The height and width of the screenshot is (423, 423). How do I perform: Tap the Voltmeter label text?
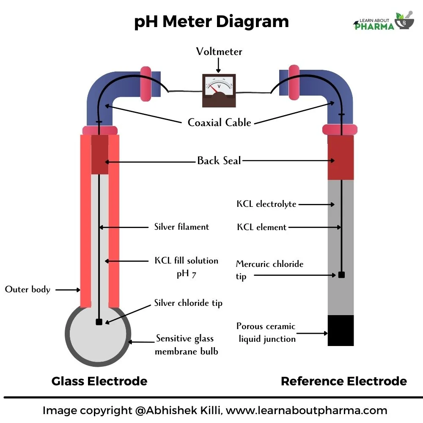pos(219,52)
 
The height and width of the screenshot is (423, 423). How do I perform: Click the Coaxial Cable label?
pos(220,123)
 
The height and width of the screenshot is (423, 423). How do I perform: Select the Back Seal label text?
pos(219,161)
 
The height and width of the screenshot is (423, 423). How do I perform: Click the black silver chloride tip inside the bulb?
pos(99,322)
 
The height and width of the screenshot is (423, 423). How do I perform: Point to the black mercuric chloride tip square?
pos(341,275)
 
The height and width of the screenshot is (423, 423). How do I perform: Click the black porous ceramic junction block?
pos(341,330)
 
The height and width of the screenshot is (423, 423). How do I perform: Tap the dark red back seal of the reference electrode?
pos(341,157)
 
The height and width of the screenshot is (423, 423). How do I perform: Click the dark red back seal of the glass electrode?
pos(100,155)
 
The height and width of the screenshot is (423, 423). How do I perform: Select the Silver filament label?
pos(181,227)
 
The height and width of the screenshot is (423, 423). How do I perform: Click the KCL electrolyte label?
pos(266,204)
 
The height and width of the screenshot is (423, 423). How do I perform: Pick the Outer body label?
pos(27,290)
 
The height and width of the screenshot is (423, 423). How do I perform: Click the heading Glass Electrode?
pos(99,381)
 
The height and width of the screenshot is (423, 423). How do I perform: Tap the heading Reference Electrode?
pos(343,381)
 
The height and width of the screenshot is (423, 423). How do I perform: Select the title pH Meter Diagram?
pos(211,22)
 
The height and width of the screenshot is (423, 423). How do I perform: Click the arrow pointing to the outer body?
pos(68,290)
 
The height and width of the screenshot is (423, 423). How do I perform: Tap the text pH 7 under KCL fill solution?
pos(186,274)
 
